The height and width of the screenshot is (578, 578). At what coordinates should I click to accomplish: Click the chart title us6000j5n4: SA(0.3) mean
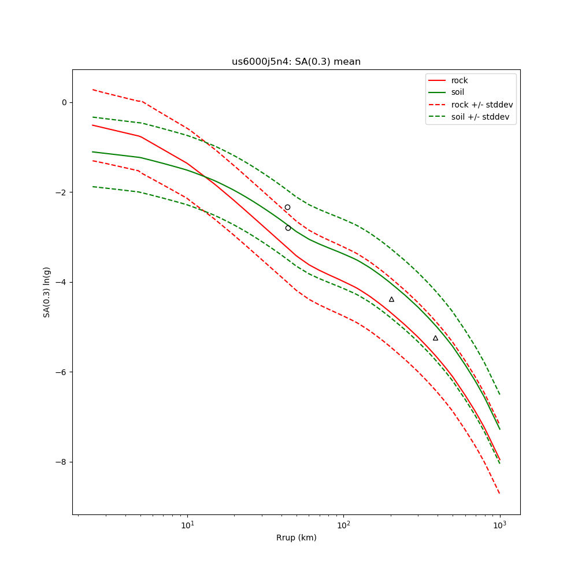(296, 62)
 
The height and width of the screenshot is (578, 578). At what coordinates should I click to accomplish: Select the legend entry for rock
(460, 80)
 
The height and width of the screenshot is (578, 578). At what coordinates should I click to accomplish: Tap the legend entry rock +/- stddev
(482, 105)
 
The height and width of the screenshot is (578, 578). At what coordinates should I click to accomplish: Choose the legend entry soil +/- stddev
(482, 117)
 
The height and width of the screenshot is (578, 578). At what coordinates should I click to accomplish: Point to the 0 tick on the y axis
(64, 102)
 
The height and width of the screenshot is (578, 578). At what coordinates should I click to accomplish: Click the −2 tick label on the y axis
(62, 192)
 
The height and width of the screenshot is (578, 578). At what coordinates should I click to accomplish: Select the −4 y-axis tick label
(62, 282)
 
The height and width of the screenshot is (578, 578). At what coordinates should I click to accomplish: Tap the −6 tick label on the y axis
(62, 372)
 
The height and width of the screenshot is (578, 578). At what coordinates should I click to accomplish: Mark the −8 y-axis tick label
(62, 462)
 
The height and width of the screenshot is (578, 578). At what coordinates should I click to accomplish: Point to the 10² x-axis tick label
(344, 525)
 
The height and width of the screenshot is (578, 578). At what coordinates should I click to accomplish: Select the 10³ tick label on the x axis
(500, 525)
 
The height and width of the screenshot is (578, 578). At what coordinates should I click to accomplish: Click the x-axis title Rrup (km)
(296, 538)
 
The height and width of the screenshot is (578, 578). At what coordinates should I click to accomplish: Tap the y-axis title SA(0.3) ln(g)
(47, 292)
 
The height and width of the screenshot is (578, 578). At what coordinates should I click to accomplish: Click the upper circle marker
(287, 207)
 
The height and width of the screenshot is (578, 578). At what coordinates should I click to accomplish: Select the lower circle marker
(288, 228)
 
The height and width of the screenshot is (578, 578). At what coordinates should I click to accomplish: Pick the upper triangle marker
(391, 299)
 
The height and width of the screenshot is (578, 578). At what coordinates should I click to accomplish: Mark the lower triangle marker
(435, 338)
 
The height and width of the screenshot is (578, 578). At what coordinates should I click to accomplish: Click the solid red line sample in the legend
(438, 80)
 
